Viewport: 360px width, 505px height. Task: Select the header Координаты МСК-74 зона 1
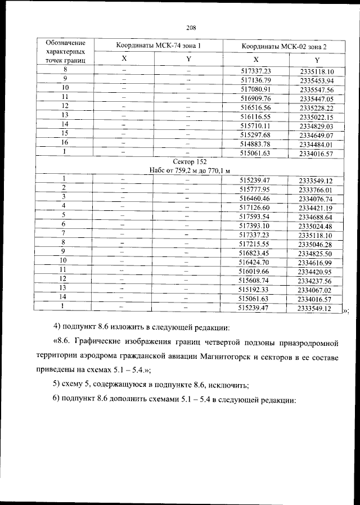(158, 45)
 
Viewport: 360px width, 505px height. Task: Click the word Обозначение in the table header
(66, 42)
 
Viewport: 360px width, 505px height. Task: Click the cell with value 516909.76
(255, 98)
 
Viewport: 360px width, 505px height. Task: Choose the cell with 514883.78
(255, 144)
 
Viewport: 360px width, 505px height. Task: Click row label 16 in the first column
(65, 143)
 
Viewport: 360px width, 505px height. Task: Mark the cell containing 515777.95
(255, 189)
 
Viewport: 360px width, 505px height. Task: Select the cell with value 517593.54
(255, 216)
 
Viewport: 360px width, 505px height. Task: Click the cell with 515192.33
(255, 289)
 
